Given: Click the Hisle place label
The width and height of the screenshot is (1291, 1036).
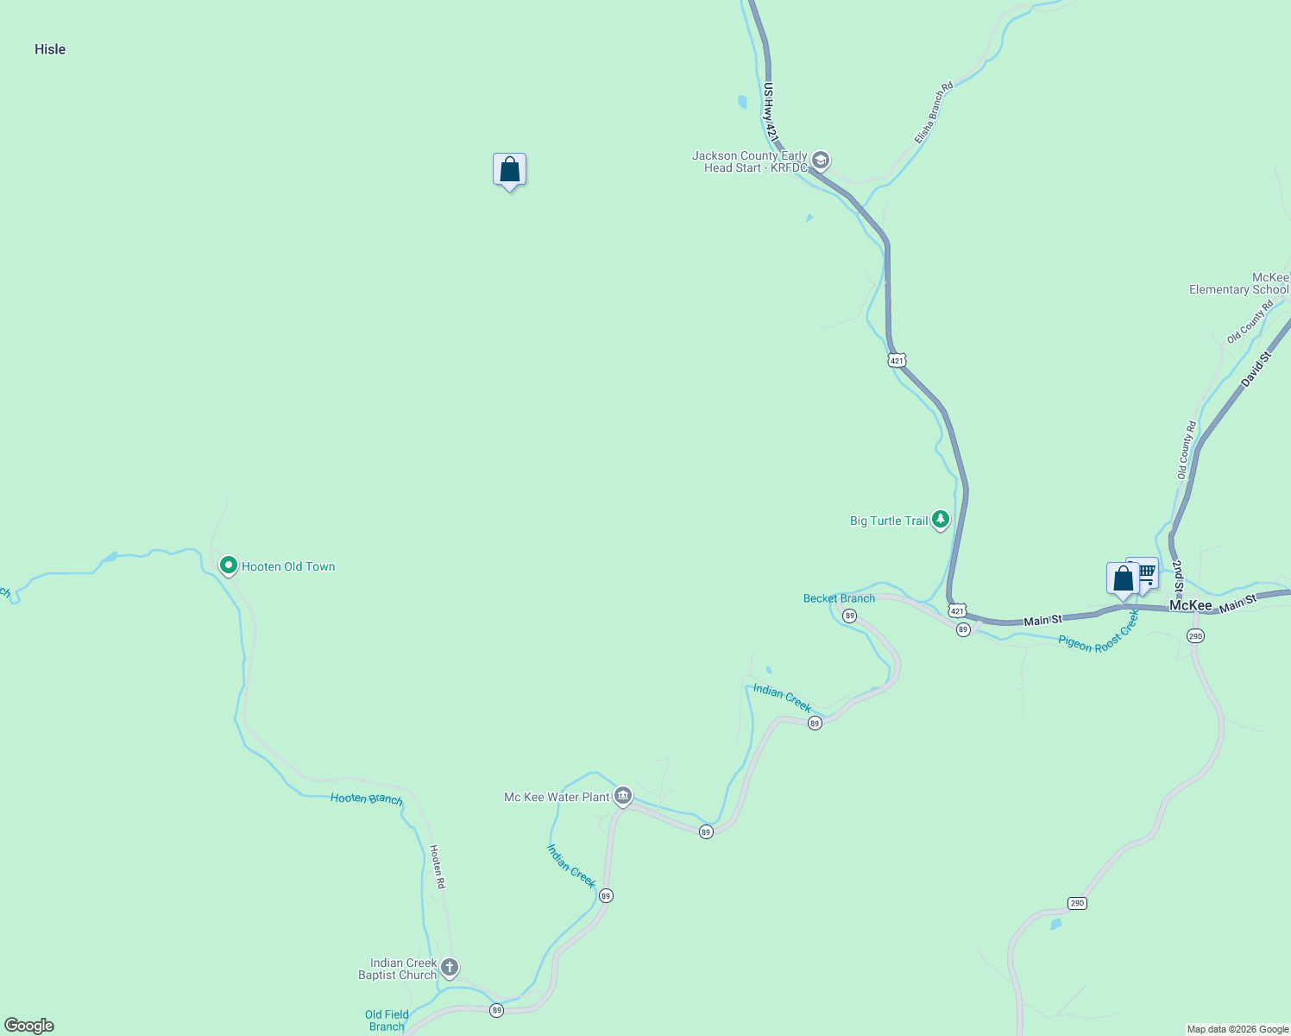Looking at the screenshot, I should (x=50, y=49).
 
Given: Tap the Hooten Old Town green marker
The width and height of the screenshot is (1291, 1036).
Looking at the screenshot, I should (x=229, y=565).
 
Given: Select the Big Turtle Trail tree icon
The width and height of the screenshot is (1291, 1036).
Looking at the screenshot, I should (x=941, y=520).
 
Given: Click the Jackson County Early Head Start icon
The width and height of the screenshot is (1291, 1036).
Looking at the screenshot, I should (x=821, y=161).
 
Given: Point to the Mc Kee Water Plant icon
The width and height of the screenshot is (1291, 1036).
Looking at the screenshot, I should (x=623, y=796).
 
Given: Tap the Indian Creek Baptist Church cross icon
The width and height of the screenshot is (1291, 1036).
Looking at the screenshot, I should (x=449, y=967).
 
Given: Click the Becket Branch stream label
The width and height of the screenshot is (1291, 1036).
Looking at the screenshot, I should (x=839, y=598).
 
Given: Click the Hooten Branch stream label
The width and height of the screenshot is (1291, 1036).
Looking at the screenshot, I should (x=366, y=799).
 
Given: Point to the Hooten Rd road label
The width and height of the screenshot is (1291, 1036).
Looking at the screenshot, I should (x=438, y=866).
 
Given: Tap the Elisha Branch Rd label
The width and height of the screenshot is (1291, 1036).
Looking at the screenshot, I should (x=934, y=112).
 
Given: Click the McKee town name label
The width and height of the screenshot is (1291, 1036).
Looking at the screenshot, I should (x=1190, y=605).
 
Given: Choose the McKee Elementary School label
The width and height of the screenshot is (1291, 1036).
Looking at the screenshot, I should (x=1238, y=284).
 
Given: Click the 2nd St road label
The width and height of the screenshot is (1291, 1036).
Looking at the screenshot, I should (x=1177, y=576).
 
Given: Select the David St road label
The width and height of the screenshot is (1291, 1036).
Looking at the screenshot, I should (x=1256, y=369).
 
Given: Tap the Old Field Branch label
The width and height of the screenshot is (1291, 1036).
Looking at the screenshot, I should (x=387, y=1020).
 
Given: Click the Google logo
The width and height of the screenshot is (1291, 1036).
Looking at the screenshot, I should (x=29, y=1026).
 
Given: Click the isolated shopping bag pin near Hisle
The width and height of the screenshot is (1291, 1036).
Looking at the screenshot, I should (x=509, y=169).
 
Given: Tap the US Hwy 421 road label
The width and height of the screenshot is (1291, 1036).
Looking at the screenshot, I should (x=771, y=112).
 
